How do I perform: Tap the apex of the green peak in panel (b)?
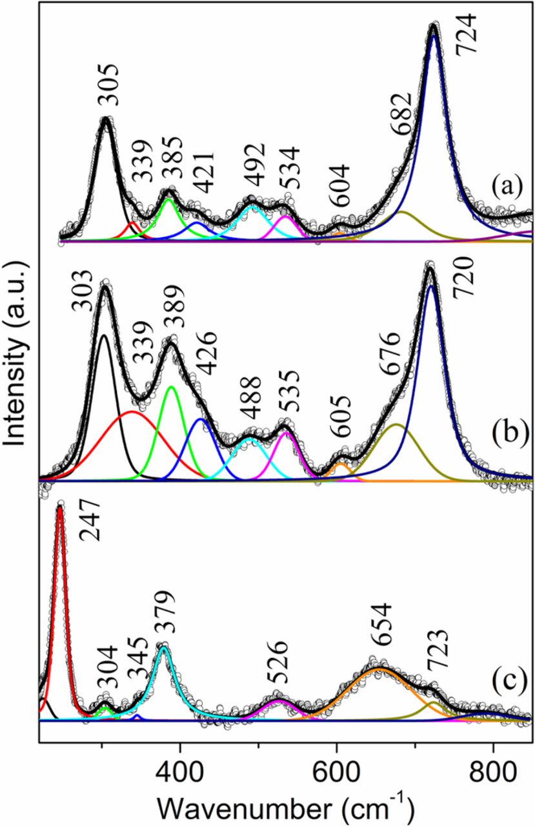(x=172, y=386)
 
